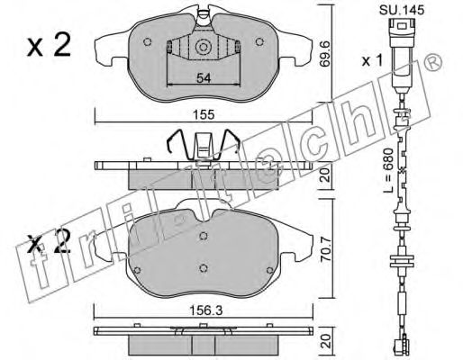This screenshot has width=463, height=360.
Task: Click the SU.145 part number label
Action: pos(402,10)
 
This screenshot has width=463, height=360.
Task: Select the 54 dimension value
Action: pos(204,78)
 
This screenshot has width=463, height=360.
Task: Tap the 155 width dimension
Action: pos(204,115)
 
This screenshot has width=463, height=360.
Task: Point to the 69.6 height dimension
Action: pos(325,54)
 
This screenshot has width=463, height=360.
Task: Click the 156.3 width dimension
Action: pos(205,311)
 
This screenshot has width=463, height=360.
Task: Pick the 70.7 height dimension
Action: pos(325,250)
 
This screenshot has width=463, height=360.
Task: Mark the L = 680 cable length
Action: pos(388,170)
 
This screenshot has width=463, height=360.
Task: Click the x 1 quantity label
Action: pos(372,61)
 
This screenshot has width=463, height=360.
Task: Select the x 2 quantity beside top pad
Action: pos(49,45)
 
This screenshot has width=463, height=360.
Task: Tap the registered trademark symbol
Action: pos(433,62)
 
